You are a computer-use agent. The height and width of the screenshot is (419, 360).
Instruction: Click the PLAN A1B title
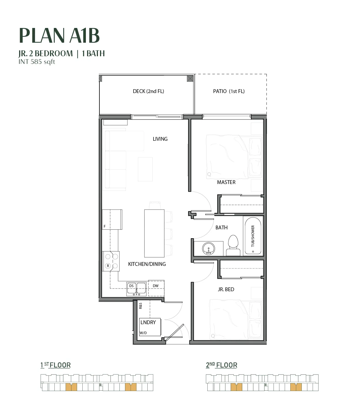[59, 35]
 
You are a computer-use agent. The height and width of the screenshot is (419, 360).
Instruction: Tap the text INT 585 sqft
[37, 62]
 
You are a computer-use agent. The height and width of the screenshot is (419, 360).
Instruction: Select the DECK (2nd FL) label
[149, 91]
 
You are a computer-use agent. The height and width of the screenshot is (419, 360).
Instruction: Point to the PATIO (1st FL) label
[229, 91]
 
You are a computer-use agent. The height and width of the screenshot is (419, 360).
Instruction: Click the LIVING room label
[160, 139]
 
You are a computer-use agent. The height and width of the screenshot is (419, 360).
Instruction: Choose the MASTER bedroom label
[226, 182]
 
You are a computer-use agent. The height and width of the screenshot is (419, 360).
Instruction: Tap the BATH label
[221, 227]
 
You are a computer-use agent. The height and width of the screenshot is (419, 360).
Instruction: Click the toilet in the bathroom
[233, 245]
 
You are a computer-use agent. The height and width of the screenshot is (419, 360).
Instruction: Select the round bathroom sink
[209, 249]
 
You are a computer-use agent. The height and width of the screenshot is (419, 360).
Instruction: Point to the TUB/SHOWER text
[253, 236]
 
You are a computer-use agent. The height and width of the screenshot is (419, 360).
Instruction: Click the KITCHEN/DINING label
[147, 264]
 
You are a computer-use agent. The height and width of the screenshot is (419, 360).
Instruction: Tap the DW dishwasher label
[156, 286]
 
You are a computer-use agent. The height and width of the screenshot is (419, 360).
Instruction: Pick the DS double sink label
[131, 286]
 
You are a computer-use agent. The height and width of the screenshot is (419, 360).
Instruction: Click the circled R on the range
[108, 266]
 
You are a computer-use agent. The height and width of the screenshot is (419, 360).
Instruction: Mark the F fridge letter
[105, 226]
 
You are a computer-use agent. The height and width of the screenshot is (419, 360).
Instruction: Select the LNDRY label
[148, 322]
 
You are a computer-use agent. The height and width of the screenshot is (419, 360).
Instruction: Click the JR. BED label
[226, 289]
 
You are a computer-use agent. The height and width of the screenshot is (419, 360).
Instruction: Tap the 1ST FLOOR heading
[56, 365]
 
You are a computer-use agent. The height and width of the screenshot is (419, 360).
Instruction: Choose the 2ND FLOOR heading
[221, 365]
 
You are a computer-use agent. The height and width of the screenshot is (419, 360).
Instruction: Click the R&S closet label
[141, 306]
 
